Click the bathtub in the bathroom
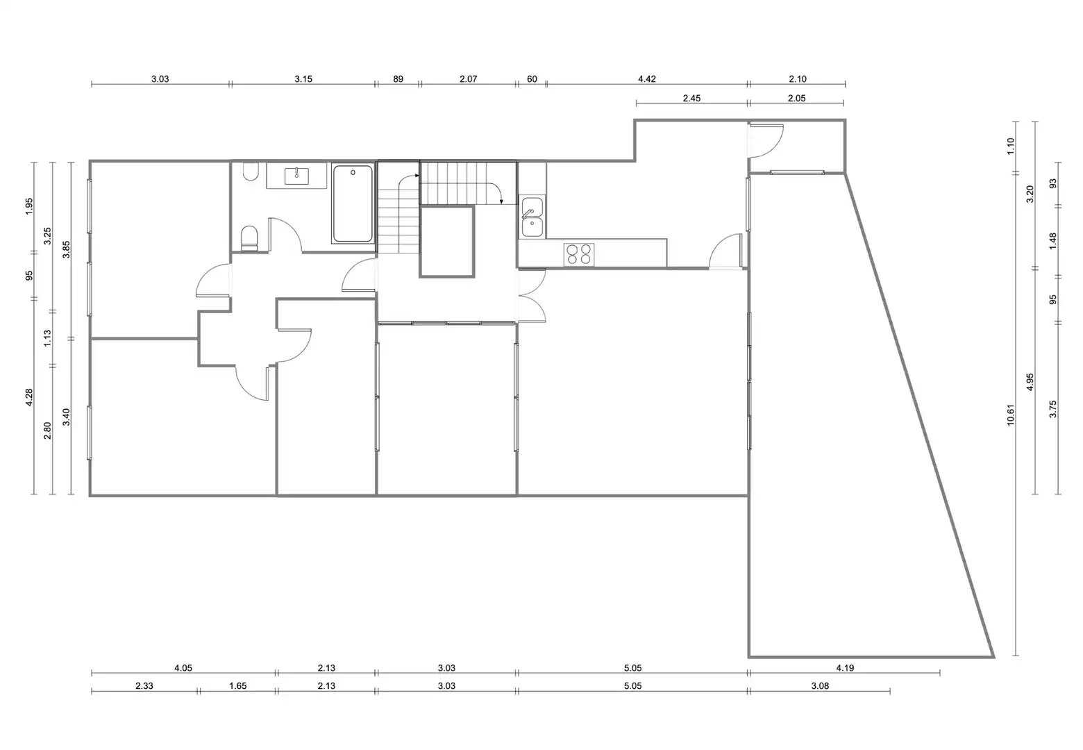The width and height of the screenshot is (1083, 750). coord(353,203)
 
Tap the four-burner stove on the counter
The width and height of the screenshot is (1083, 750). coord(579,254)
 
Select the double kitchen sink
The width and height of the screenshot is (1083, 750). coord(532,217)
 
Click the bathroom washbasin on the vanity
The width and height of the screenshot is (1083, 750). coord(296,176)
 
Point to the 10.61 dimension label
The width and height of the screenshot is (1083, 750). coord(1010,415)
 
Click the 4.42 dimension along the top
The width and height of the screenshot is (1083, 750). coord(647,79)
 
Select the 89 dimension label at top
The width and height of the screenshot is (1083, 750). coord(398,79)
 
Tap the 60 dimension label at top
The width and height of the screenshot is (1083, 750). coord(532,79)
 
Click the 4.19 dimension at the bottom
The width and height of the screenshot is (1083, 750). coord(845,668)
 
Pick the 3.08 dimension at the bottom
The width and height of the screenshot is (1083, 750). coord(820,685)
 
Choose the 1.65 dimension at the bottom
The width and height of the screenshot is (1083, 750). coord(238,685)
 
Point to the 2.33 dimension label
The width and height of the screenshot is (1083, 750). coord(144,685)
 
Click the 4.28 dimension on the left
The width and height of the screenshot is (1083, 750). coord(29,397)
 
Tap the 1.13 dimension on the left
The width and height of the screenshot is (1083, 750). coord(47,338)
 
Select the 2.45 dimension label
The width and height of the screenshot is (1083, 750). coord(692,98)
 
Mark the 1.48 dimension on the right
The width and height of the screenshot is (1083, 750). coord(1053,241)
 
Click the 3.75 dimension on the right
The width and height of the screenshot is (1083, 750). coord(1053,409)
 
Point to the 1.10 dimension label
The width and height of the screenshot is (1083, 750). coord(1010,146)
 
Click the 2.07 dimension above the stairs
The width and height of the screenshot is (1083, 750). coord(468,79)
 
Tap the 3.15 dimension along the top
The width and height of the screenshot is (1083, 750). coord(303,79)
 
